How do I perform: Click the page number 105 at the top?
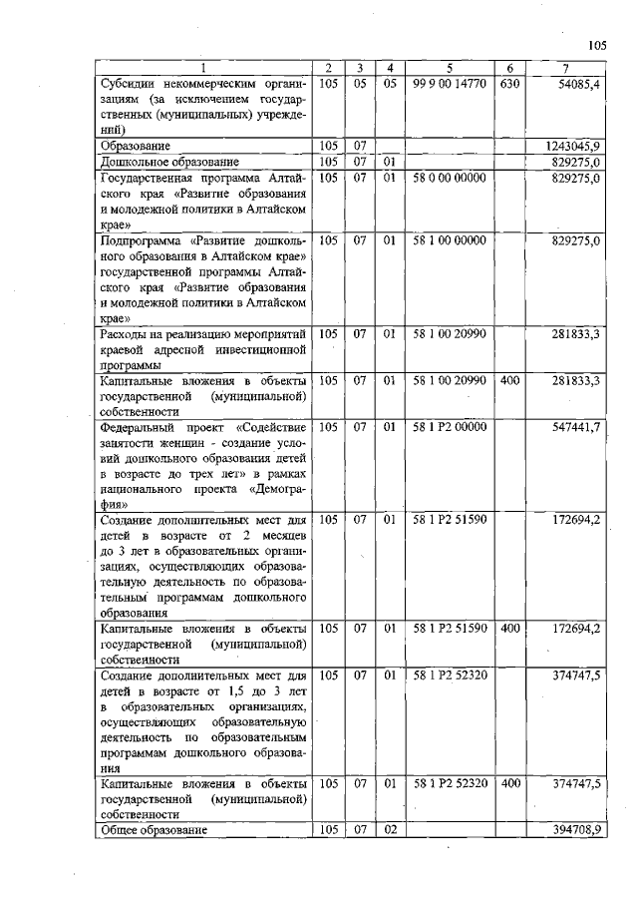596,45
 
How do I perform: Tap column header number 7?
565,68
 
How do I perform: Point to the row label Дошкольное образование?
169,162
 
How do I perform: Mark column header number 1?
204,68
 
